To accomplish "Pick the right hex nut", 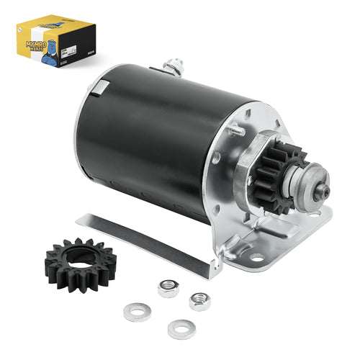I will (x=199, y=300).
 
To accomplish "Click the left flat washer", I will (x=134, y=314).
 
